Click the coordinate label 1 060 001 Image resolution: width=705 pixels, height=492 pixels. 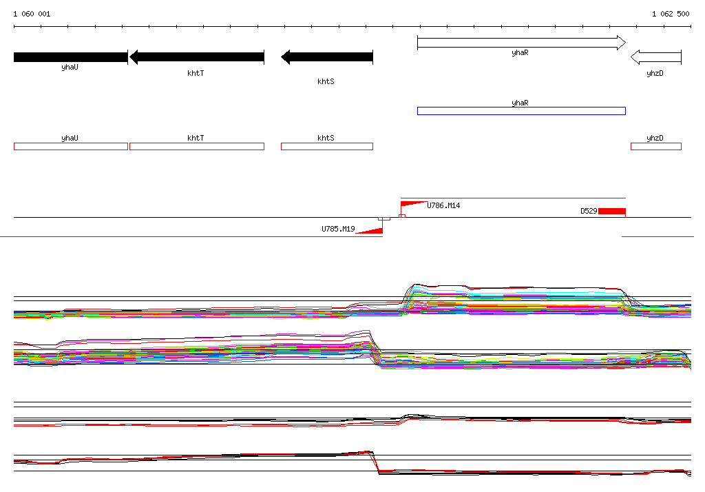tap(32, 14)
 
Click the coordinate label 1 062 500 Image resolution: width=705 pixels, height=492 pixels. tap(671, 14)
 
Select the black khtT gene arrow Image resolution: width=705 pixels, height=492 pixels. tap(197, 57)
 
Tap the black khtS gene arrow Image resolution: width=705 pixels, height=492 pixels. tap(327, 57)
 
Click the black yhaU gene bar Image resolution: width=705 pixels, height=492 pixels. tap(71, 57)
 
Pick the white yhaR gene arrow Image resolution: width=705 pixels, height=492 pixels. tap(522, 43)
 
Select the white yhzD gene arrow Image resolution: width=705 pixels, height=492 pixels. tap(656, 57)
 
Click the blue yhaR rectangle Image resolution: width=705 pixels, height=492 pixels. tap(522, 111)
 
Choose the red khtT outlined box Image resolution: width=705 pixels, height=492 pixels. tap(197, 146)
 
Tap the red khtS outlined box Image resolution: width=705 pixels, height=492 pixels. tap(327, 146)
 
